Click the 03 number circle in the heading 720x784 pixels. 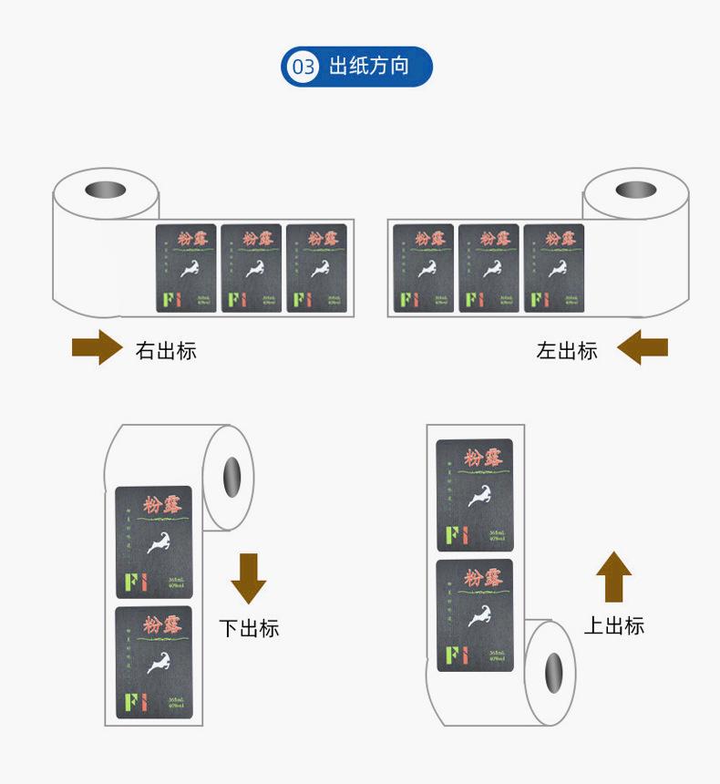pyautogui.click(x=303, y=67)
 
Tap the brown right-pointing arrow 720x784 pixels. pyautogui.click(x=98, y=347)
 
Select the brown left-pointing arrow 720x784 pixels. pyautogui.click(x=642, y=347)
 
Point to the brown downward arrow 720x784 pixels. pyautogui.click(x=248, y=577)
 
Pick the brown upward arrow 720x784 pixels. pyautogui.click(x=613, y=576)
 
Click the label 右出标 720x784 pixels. pyautogui.click(x=166, y=350)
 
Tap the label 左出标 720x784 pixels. pyautogui.click(x=567, y=350)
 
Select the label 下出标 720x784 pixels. pyautogui.click(x=249, y=628)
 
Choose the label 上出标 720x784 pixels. pyautogui.click(x=613, y=625)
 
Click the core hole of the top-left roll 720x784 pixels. pyautogui.click(x=106, y=191)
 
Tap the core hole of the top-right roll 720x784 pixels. pyautogui.click(x=635, y=190)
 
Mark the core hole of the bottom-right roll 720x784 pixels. pyautogui.click(x=553, y=672)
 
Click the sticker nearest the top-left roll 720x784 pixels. pyautogui.click(x=186, y=268)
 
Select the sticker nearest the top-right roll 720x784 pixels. pyautogui.click(x=553, y=268)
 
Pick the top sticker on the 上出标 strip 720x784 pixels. pyautogui.click(x=474, y=495)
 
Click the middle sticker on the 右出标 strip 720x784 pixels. pyautogui.click(x=252, y=268)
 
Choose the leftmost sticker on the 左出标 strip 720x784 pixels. pyautogui.click(x=423, y=268)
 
